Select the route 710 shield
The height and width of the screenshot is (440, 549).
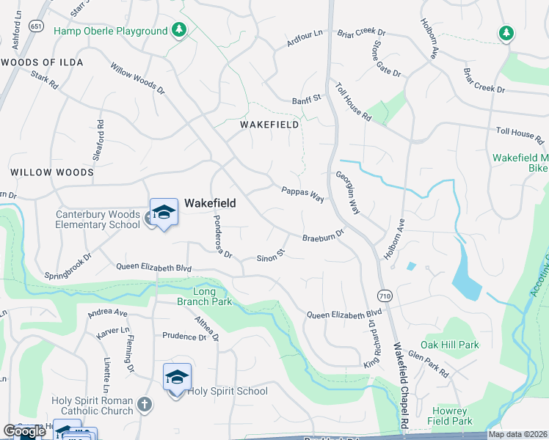[385, 296]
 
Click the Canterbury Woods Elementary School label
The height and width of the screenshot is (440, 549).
[98, 220]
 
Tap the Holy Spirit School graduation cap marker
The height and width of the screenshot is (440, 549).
[177, 378]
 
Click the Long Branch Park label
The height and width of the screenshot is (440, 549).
[204, 296]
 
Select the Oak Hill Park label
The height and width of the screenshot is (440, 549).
[449, 345]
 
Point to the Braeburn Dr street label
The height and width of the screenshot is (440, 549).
[323, 236]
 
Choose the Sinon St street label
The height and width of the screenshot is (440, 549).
[270, 256]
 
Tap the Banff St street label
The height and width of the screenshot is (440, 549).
[307, 99]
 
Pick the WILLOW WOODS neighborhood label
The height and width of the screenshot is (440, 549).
[52, 172]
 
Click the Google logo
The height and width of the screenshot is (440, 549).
[23, 431]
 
